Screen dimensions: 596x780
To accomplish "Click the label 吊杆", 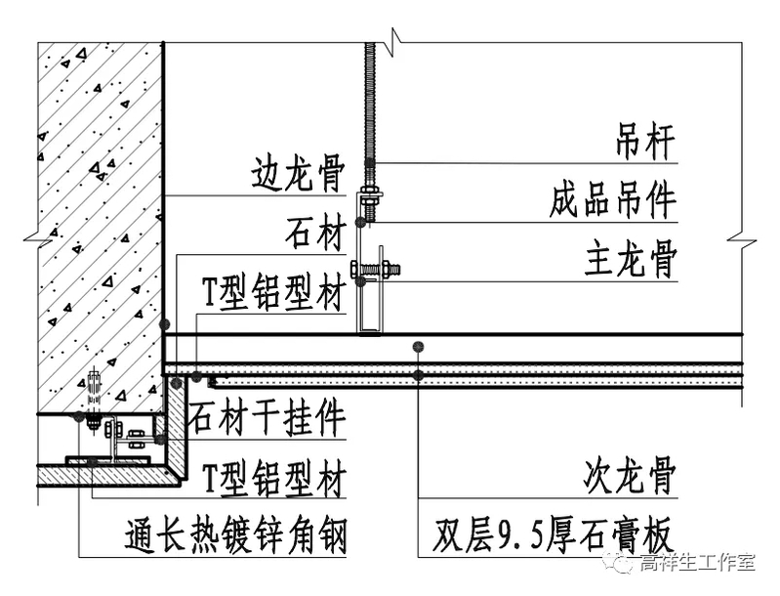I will pos(644,142).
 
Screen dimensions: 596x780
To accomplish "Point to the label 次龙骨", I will pos(630,479).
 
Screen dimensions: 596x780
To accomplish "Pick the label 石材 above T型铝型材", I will pos(315,234).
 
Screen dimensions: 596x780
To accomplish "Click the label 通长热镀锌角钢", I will pos(235,534).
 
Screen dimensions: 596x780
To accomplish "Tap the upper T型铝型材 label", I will pos(273,292).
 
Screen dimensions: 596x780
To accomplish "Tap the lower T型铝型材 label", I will pos(273,479).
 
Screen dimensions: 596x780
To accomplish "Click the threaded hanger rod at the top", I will pos(370,98).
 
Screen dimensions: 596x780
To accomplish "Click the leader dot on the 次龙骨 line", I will pos(418,346).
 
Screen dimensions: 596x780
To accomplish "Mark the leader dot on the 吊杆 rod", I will pos(370,161).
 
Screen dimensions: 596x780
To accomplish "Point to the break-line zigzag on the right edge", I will pos(742,236).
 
